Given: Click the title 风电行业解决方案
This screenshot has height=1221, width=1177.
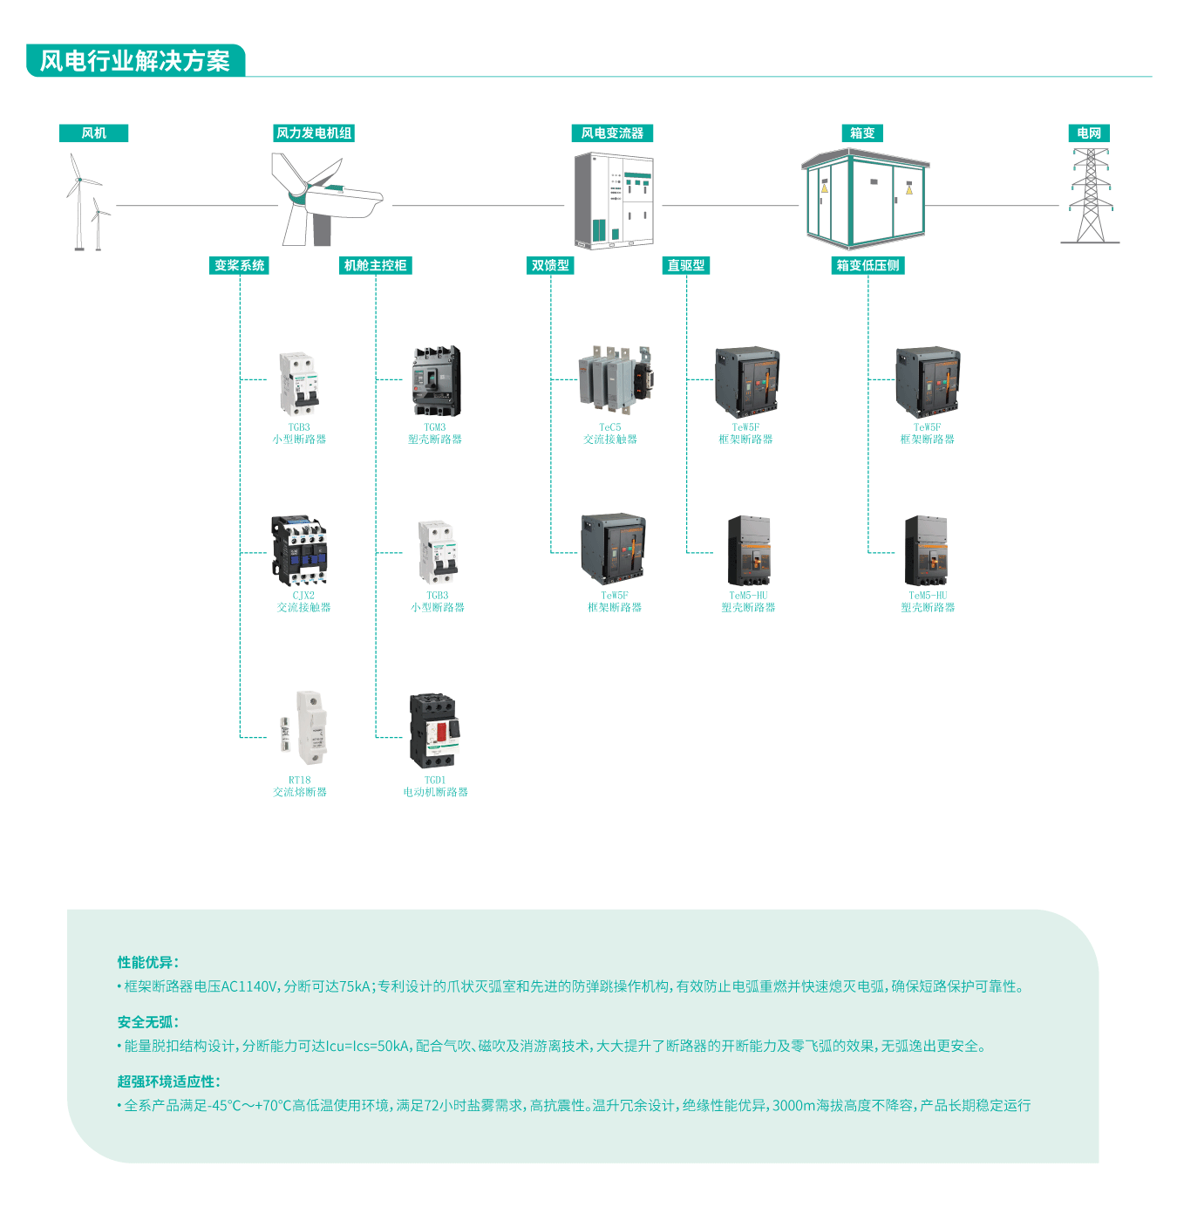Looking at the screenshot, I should (x=135, y=61).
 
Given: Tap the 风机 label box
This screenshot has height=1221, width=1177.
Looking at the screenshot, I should (x=93, y=133).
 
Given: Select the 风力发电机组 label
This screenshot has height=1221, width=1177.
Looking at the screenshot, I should (x=314, y=133).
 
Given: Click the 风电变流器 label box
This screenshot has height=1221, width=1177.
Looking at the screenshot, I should (x=612, y=133).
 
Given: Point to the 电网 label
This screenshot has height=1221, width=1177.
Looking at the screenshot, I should (x=1089, y=133).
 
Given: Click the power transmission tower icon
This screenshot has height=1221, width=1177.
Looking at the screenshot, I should (x=1090, y=196).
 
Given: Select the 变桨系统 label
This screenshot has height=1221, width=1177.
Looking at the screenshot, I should (x=240, y=265).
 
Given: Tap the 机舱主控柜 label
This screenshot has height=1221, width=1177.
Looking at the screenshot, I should (x=375, y=265).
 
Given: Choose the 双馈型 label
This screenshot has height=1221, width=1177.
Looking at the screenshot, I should (x=550, y=265).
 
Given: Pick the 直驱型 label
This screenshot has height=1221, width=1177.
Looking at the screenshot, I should (x=686, y=265).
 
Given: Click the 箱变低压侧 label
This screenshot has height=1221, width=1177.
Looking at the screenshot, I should (x=867, y=265).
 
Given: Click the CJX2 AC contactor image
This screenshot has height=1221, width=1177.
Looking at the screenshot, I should (x=300, y=550).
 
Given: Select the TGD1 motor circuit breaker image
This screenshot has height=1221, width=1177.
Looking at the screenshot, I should (x=434, y=730).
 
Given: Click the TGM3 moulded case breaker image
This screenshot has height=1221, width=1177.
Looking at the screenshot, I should (x=436, y=381).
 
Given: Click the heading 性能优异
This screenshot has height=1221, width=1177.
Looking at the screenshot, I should (x=148, y=962).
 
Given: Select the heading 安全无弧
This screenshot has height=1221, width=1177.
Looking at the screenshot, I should (x=148, y=1021).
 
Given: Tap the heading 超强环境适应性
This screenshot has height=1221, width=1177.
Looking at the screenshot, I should (x=169, y=1081).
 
